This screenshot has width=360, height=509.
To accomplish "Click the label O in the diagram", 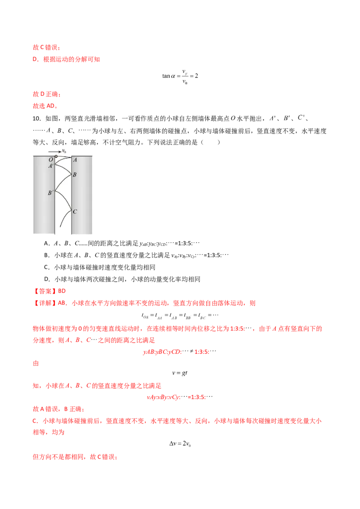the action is [x=50, y=159].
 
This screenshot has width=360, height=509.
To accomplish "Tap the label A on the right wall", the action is [x=75, y=160].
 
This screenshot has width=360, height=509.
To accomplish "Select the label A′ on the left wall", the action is [x=51, y=166].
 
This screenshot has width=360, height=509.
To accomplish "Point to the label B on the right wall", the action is [x=75, y=174].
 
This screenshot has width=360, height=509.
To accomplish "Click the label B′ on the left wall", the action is [x=51, y=192].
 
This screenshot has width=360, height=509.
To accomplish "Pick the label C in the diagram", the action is [x=75, y=211].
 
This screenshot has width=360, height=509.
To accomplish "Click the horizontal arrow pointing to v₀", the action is [x=55, y=152].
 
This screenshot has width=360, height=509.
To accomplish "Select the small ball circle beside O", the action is [x=56, y=156].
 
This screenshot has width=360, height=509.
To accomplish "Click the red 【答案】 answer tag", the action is [x=44, y=291].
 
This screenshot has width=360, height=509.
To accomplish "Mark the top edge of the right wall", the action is [x=83, y=156].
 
